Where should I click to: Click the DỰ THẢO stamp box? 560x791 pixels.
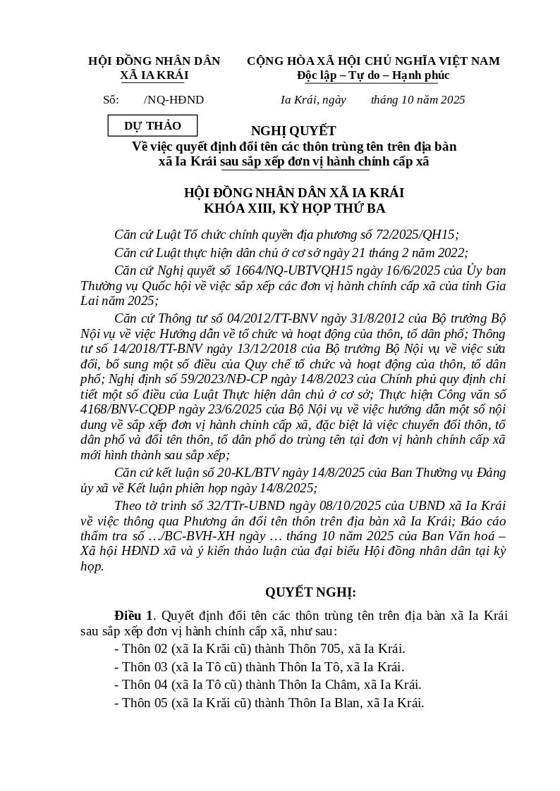click(x=152, y=125)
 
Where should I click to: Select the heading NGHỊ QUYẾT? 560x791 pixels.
click(x=293, y=130)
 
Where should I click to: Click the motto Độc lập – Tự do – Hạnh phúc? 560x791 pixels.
click(x=372, y=75)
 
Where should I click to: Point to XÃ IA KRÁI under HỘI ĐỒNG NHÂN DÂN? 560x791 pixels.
click(x=154, y=75)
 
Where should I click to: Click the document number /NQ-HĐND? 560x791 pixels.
click(x=174, y=100)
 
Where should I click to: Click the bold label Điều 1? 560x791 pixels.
click(x=133, y=616)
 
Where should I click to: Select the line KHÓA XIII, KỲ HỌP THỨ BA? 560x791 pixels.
click(x=294, y=208)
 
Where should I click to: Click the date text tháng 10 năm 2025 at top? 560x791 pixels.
click(x=418, y=100)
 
